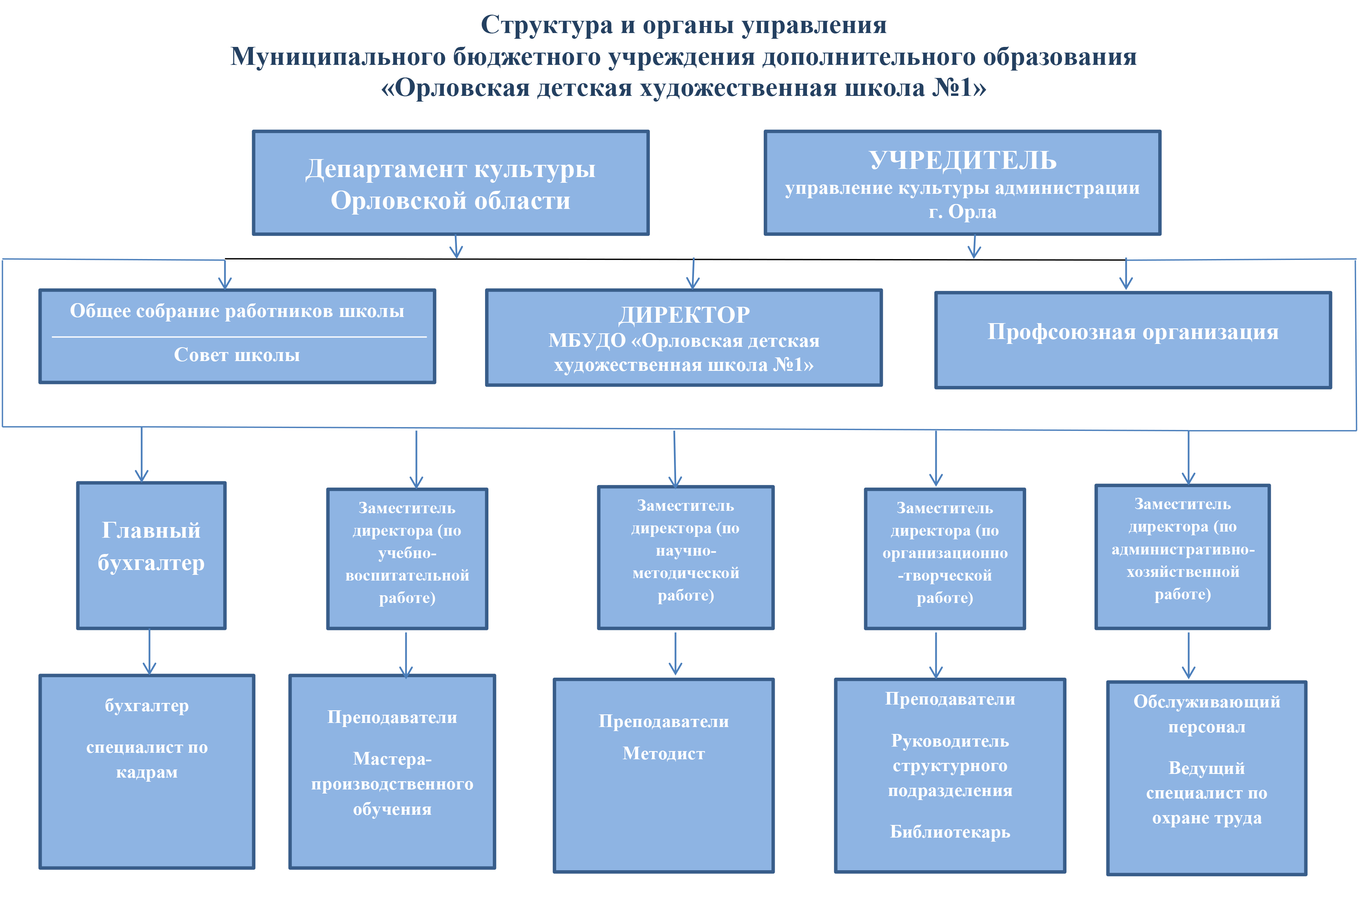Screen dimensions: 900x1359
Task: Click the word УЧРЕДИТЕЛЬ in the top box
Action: (x=962, y=160)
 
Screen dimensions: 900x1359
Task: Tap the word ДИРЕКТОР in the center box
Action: (x=683, y=315)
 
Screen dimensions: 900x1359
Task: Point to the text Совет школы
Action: (x=237, y=355)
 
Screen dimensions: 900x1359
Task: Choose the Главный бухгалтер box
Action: (x=151, y=554)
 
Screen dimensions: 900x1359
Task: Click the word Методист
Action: (x=663, y=753)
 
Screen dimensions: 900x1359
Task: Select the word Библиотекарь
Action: (x=950, y=832)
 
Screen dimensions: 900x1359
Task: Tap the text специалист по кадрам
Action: (x=147, y=759)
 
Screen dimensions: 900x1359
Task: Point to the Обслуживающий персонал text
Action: (x=1206, y=714)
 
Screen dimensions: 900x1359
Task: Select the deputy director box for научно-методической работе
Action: (x=685, y=557)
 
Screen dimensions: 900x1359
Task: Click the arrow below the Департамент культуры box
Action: (x=456, y=247)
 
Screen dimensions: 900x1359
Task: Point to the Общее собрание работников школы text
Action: (x=237, y=310)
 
